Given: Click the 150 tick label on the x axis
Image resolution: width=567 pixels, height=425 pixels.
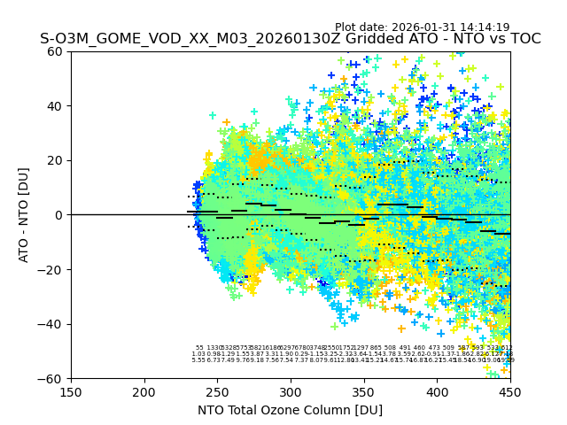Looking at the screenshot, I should pyautogui.click(x=71, y=391).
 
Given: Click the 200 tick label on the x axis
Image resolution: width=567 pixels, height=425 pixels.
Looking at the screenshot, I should pyautogui.click(x=144, y=391).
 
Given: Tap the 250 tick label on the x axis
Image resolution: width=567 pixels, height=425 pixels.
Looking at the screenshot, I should pyautogui.click(x=217, y=391).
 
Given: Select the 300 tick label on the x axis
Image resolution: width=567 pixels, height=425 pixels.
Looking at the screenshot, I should pyautogui.click(x=291, y=391).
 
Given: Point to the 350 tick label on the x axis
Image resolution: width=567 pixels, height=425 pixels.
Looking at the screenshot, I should pyautogui.click(x=364, y=391).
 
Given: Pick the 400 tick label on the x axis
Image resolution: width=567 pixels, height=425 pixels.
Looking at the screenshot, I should pyautogui.click(x=437, y=391).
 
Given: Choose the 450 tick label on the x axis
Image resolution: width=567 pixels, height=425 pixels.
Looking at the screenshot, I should pyautogui.click(x=510, y=391).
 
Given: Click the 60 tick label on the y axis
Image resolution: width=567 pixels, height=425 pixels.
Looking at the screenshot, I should pyautogui.click(x=56, y=51).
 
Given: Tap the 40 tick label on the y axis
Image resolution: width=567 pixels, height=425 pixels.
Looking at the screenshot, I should pyautogui.click(x=56, y=106).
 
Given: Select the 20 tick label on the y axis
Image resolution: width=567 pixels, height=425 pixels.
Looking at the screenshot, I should pyautogui.click(x=56, y=160).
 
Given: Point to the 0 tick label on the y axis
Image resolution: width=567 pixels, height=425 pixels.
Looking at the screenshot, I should pyautogui.click(x=59, y=215).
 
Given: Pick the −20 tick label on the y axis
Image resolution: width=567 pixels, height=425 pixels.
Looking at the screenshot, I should pyautogui.click(x=51, y=269).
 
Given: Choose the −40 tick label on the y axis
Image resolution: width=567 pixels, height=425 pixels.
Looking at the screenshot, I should pyautogui.click(x=51, y=324).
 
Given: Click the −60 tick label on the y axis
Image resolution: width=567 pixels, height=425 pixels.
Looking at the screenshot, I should pyautogui.click(x=51, y=378).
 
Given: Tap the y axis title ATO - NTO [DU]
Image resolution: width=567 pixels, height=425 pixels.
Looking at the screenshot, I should pyautogui.click(x=24, y=215).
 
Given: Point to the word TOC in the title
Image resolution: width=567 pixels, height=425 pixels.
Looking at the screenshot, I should pyautogui.click(x=523, y=39).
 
